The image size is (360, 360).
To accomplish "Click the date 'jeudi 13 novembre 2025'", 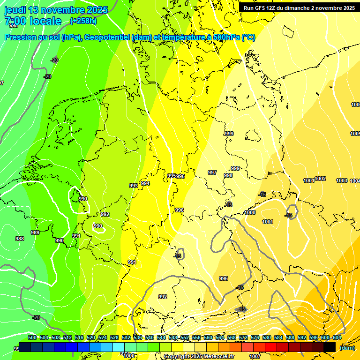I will (x=56, y=10).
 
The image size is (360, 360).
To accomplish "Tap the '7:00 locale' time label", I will (x=33, y=21).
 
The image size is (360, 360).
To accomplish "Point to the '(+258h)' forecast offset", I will (x=84, y=21).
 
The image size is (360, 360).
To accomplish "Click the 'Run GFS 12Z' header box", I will (x=299, y=8).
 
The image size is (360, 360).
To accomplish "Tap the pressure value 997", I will (x=212, y=172).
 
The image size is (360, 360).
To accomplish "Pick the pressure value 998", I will (x=228, y=175).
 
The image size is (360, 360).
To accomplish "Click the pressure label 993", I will (x=134, y=186).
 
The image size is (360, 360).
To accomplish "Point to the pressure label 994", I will (x=145, y=183).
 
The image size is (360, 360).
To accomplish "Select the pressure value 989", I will (x=35, y=232).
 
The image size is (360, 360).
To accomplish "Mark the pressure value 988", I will (x=19, y=239).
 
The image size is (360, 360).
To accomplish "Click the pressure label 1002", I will (x=321, y=179).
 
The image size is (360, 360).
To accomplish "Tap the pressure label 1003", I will (x=342, y=180).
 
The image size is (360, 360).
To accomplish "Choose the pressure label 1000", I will (x=250, y=212).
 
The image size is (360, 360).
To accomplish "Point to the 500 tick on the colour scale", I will (x=32, y=337).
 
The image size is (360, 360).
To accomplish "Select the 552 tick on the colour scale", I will (x=184, y=337).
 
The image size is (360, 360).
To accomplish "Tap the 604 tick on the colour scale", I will (x=337, y=337).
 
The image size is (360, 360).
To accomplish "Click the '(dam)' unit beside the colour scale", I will (x=347, y=347).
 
